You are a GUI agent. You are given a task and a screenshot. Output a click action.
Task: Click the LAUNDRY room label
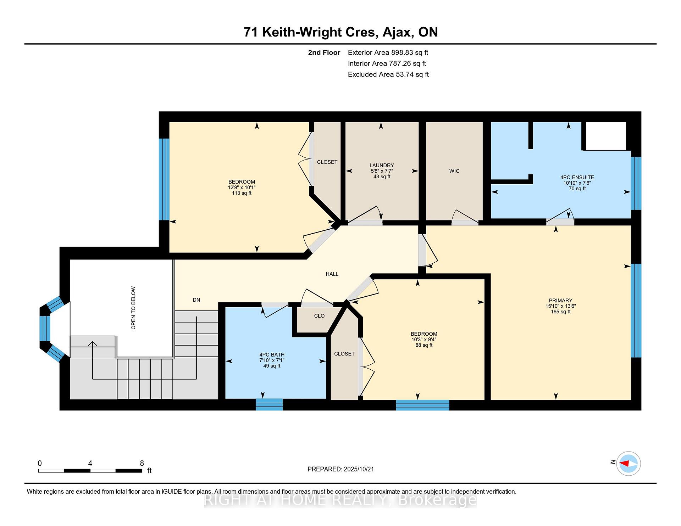[x=382, y=165]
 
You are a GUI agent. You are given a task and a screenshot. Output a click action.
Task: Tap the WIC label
[x=454, y=171]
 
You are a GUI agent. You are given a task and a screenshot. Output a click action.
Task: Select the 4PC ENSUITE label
[x=577, y=177]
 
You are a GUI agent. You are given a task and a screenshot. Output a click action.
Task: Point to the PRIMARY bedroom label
[x=560, y=300]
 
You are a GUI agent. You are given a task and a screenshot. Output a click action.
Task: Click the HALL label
[x=332, y=274]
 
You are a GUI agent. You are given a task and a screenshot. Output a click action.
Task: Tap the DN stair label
[x=196, y=300]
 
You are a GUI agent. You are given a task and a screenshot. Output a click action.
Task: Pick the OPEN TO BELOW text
[x=133, y=308]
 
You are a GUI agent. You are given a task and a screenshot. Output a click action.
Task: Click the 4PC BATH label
[x=272, y=354]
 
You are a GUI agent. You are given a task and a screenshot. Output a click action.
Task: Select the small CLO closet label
[x=319, y=316]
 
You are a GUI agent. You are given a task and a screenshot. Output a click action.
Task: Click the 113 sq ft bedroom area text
[x=242, y=193]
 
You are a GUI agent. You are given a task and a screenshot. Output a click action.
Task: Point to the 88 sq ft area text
[x=424, y=345]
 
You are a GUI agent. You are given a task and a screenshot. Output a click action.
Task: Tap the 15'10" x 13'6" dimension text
[x=560, y=306]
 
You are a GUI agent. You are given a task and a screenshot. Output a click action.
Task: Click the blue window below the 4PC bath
[x=269, y=404]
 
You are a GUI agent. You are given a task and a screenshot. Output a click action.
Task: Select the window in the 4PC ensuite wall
[x=636, y=183]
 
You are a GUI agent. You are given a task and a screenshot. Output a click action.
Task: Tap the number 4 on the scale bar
[x=90, y=463]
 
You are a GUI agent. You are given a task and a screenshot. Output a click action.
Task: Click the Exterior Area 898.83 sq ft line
[x=388, y=52]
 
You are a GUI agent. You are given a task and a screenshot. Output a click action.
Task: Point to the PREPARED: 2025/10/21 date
[x=341, y=469]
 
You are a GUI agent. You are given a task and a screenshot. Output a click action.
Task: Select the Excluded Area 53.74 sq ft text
[x=388, y=74]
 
